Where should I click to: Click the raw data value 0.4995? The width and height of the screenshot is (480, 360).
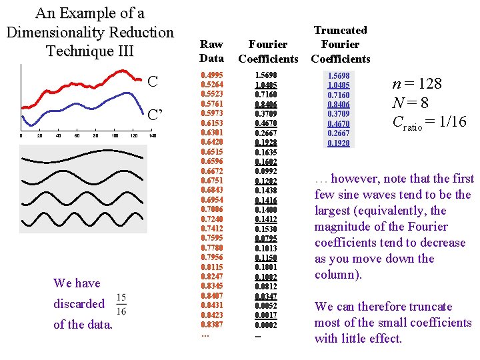(212, 75)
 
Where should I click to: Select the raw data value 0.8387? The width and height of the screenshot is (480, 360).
(212, 325)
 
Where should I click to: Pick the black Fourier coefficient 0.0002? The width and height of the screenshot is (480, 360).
(266, 325)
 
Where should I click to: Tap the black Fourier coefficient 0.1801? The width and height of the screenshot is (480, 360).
(266, 267)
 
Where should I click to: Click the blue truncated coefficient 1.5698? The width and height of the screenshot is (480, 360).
(339, 75)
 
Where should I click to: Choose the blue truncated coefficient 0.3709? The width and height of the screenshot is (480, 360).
(339, 114)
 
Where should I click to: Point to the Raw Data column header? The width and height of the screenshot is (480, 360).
(211, 51)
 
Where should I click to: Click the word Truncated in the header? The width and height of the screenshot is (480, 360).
(341, 30)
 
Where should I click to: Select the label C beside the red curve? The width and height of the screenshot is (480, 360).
(153, 81)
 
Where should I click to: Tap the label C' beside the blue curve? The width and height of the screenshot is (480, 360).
(155, 115)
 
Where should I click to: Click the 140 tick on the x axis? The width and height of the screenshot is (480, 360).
(152, 135)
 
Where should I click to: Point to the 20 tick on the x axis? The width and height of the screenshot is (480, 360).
(39, 135)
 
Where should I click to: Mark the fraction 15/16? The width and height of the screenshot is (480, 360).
(121, 304)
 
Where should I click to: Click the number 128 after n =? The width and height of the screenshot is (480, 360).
(430, 83)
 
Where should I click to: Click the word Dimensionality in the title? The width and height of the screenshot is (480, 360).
(57, 33)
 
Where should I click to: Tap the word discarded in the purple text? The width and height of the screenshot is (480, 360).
(79, 304)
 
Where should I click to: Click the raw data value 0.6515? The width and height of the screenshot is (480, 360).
(212, 152)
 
